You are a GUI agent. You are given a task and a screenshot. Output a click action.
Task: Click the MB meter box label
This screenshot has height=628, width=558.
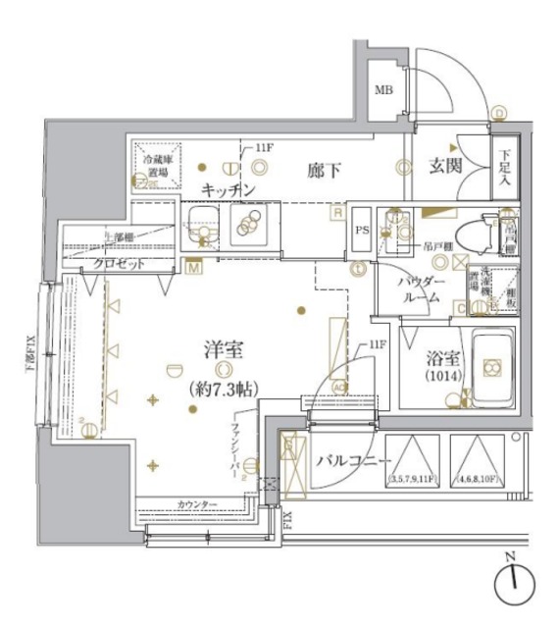[x=382, y=92]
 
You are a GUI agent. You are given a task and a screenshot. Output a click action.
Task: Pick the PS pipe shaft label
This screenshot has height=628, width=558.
[x=361, y=233]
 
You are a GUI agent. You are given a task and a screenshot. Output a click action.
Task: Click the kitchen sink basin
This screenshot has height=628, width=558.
[x=203, y=224]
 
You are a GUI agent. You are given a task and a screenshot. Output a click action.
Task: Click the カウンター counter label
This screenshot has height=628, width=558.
[x=197, y=504]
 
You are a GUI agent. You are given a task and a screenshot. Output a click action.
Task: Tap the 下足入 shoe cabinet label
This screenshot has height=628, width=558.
[x=504, y=168]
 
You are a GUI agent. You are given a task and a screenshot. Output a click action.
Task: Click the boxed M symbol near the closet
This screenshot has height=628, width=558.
[x=192, y=265]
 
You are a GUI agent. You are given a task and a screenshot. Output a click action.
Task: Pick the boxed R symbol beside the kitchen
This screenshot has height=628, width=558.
[x=336, y=211]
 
